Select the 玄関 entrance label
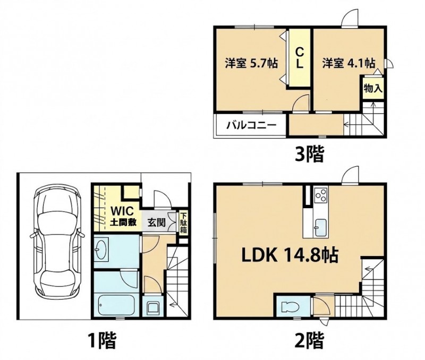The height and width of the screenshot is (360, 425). pos(156,222)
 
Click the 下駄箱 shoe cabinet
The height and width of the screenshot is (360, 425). pos(183,222)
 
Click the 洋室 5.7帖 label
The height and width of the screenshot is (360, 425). pos(251,63)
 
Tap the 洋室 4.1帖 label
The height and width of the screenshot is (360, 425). pos(349,63)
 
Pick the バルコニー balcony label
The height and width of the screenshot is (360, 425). pos(251,125)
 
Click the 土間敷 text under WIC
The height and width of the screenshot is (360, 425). pos(123,222)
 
